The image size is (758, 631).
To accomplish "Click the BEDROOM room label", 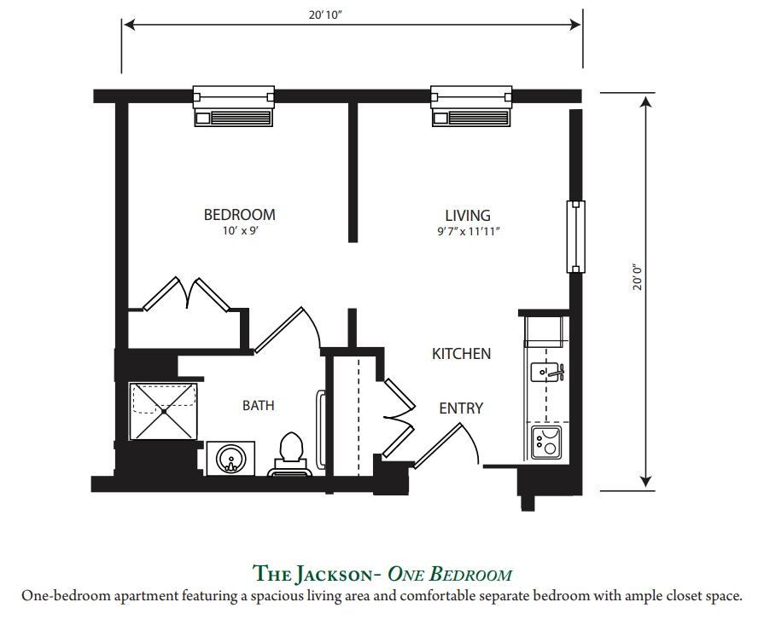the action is pyautogui.click(x=239, y=215).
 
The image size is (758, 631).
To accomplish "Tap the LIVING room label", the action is pyautogui.click(x=468, y=216).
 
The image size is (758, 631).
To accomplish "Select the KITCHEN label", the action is pyautogui.click(x=461, y=354).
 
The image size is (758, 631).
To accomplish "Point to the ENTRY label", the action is pyautogui.click(x=461, y=408).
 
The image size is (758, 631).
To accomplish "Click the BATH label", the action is pyautogui.click(x=258, y=406).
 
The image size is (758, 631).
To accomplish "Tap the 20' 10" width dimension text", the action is pyautogui.click(x=325, y=15).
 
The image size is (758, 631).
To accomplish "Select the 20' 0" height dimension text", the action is pyautogui.click(x=638, y=277).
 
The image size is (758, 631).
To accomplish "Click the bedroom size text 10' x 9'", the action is pyautogui.click(x=240, y=231).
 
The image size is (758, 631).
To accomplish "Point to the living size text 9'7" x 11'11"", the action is pyautogui.click(x=468, y=231).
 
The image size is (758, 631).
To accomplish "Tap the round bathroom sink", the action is pyautogui.click(x=230, y=458).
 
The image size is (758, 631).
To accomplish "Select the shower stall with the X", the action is pyautogui.click(x=163, y=411).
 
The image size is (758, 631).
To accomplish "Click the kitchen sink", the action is pyautogui.click(x=547, y=373).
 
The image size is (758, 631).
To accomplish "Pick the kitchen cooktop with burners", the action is pyautogui.click(x=546, y=443).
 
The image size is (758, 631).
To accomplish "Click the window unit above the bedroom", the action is pyautogui.click(x=234, y=107).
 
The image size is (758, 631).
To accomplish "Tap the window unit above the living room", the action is pyautogui.click(x=471, y=107).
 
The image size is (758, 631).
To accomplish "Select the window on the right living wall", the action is pyautogui.click(x=575, y=236).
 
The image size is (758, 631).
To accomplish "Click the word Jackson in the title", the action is pyautogui.click(x=334, y=574).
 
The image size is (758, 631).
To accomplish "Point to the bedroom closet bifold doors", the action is pyautogui.click(x=187, y=294).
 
